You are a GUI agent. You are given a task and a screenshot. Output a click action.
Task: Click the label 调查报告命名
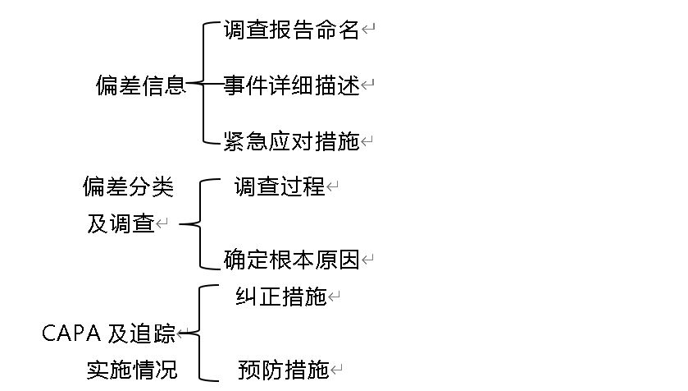(x=291, y=30)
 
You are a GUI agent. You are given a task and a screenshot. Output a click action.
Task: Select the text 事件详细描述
(x=291, y=85)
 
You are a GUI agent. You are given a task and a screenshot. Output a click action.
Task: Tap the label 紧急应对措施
(x=291, y=141)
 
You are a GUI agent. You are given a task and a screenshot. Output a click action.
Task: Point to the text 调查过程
(x=280, y=187)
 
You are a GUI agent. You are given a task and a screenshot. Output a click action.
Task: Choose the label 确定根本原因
(x=291, y=260)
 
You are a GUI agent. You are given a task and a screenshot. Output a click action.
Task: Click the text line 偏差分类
(x=128, y=187)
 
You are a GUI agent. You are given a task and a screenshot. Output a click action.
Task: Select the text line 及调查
(x=121, y=223)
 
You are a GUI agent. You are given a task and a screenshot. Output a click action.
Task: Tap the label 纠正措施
(x=280, y=297)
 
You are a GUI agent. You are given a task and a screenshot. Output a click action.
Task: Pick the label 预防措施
(x=283, y=370)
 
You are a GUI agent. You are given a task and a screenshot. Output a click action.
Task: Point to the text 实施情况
(x=131, y=370)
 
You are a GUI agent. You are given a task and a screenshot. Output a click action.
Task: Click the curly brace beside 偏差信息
(x=203, y=85)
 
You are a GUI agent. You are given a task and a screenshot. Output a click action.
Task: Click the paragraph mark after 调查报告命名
(x=368, y=31)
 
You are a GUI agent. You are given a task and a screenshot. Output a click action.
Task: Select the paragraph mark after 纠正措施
(x=334, y=297)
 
